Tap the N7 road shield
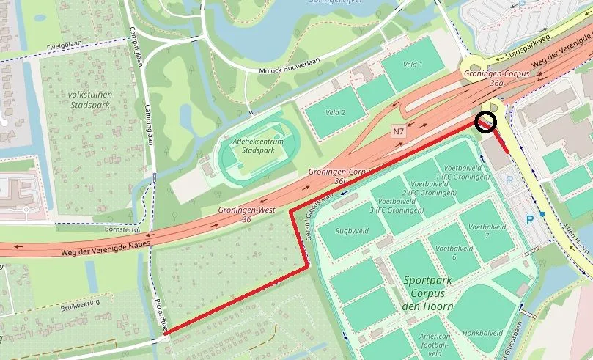399,132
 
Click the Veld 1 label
413,65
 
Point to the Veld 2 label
335,112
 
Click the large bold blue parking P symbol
531,219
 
